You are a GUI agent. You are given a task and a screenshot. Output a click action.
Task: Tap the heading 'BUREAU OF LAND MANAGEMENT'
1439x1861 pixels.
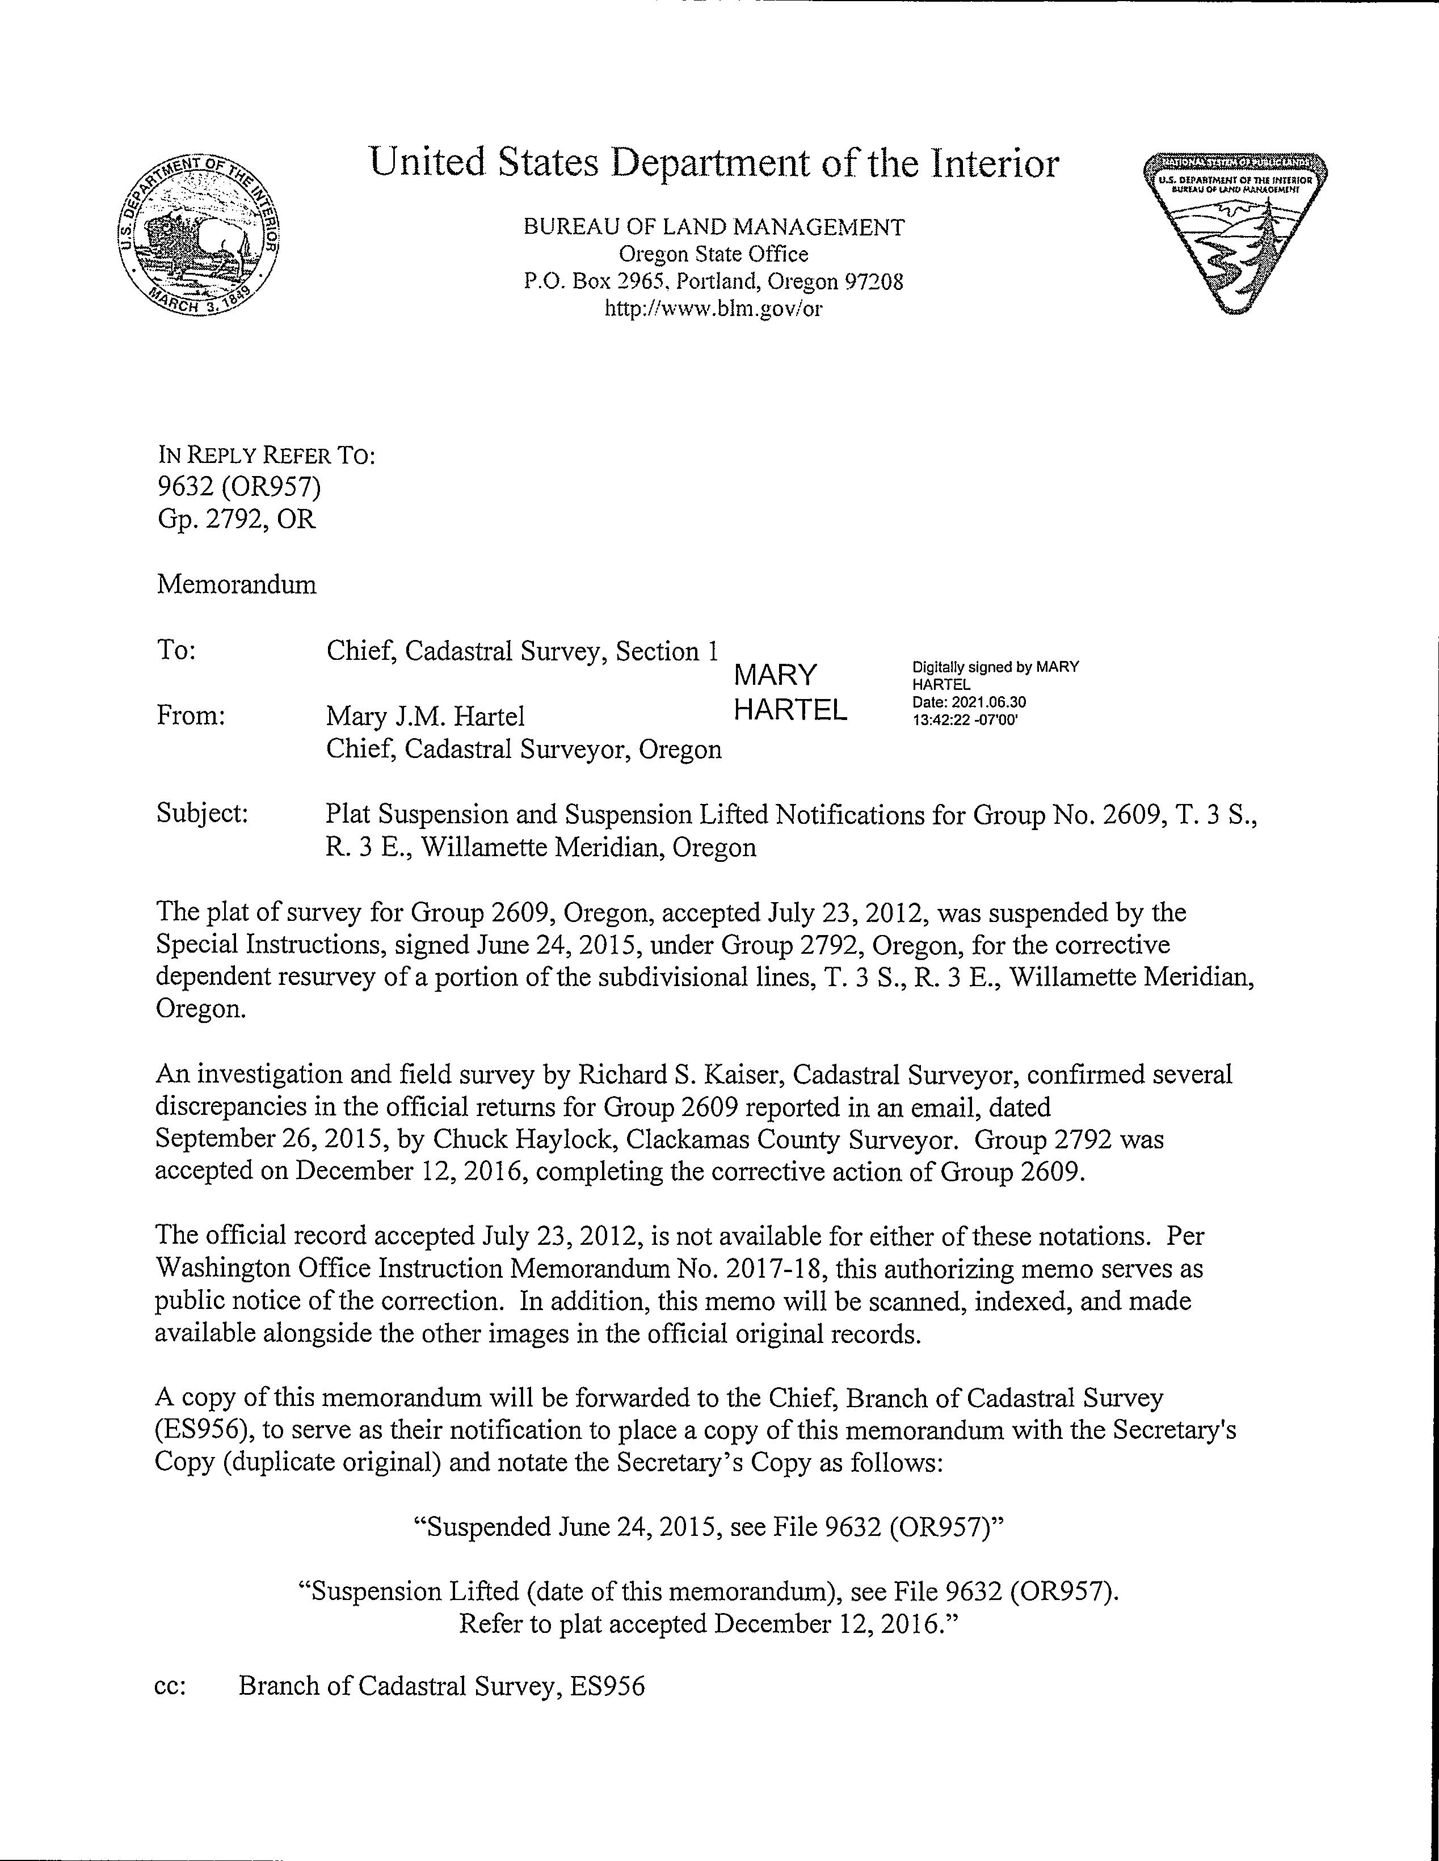coord(713,226)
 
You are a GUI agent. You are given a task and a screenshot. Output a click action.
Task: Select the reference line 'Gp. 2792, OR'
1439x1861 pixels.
coord(237,519)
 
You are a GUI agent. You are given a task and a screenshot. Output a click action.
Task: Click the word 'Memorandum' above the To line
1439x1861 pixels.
coord(237,584)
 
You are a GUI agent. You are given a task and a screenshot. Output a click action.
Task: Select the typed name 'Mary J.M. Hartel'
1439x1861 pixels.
coord(425,717)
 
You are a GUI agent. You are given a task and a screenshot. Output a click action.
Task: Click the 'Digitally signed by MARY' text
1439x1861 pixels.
coord(994,667)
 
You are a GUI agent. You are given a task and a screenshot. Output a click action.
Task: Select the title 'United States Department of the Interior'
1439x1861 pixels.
coord(713,163)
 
